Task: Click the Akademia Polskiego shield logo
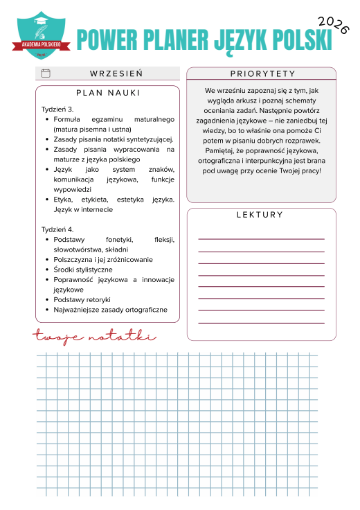click(42, 34)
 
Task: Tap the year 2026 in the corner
click(333, 24)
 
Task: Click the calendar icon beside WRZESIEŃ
click(46, 73)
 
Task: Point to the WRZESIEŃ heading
click(116, 73)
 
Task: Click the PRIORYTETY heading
click(262, 73)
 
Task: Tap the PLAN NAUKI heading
click(107, 93)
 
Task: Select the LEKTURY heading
click(260, 215)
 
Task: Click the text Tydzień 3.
click(57, 109)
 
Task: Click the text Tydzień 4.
click(57, 229)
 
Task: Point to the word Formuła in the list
click(67, 120)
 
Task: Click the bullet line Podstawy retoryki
click(82, 299)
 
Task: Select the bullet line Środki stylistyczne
click(82, 270)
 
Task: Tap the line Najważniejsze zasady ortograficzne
click(110, 310)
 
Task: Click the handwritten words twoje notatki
click(95, 337)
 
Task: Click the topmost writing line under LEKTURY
click(261, 239)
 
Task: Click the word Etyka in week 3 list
click(64, 200)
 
